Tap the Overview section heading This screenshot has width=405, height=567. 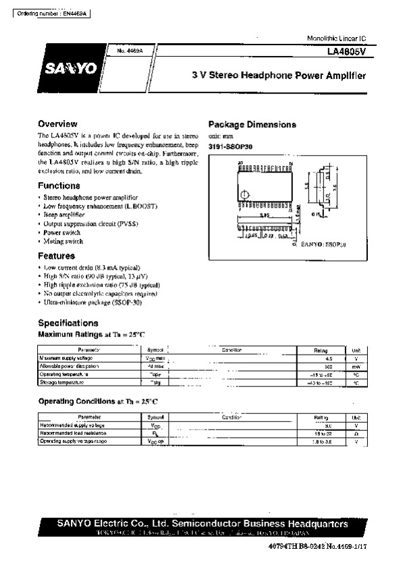coord(58,124)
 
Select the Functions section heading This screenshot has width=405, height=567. coord(59,185)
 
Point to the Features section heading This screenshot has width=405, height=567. coord(57,256)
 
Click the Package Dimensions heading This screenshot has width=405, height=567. coord(252,125)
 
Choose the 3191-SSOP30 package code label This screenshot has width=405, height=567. coord(230,146)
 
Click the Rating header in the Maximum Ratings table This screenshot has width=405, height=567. coord(321,351)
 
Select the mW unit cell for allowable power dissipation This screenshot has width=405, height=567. coord(356,367)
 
